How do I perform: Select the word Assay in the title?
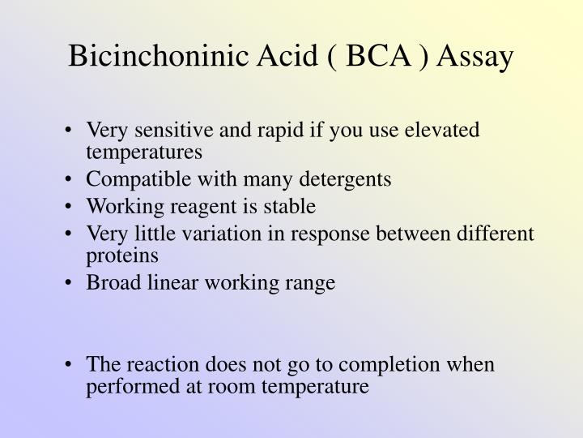[473, 58]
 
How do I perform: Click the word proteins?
[118, 256]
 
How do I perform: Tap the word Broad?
[109, 284]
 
